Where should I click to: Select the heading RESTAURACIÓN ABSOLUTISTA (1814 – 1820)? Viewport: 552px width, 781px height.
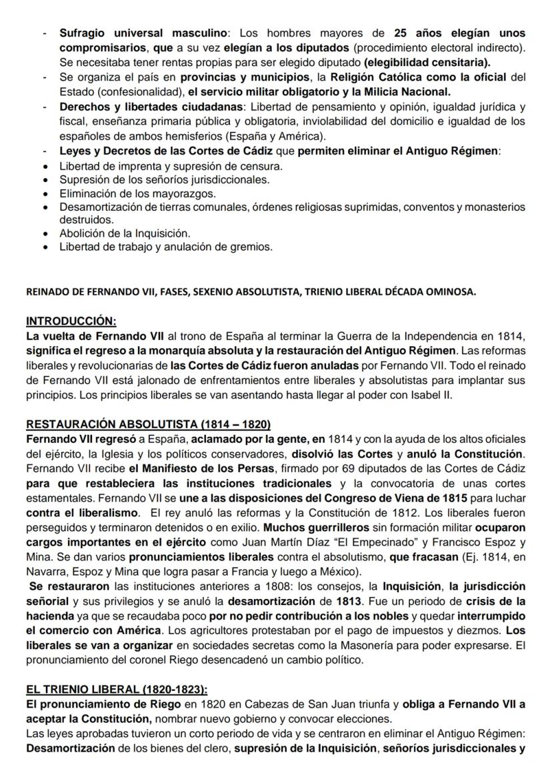[x=149, y=424]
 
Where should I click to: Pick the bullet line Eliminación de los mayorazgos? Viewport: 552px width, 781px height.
[x=138, y=194]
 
